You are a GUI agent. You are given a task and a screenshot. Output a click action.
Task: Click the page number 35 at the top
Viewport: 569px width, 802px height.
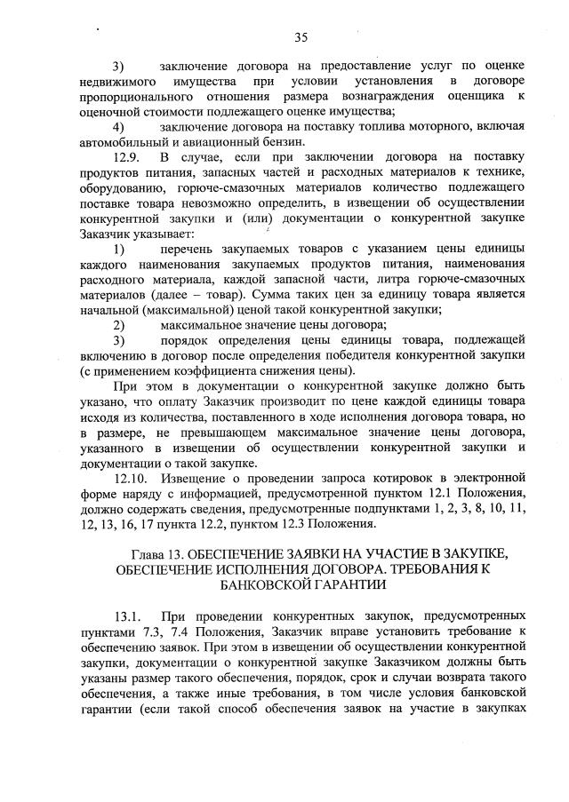click(x=301, y=36)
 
